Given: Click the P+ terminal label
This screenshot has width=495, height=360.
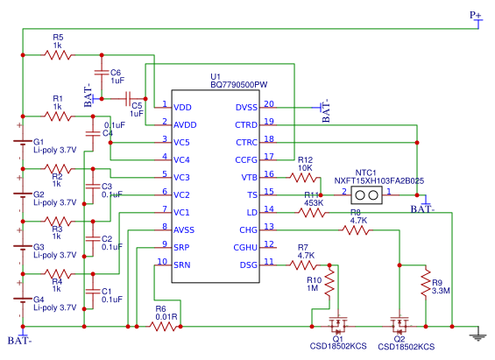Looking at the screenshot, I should click(x=475, y=15).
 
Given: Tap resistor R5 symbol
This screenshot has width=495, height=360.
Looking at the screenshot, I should click(x=59, y=54).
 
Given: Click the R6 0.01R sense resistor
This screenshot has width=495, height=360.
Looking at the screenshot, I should click(x=163, y=326).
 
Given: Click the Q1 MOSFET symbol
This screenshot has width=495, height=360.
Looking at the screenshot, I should click(x=337, y=327).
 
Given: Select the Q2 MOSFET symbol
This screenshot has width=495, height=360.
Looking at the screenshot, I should click(x=400, y=327).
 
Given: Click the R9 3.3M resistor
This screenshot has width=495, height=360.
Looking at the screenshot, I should click(x=425, y=284).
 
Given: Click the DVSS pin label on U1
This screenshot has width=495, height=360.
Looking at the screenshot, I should click(x=246, y=108).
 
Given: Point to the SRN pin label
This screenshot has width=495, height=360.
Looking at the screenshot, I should click(x=182, y=265).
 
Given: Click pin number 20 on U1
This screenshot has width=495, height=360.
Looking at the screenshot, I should click(x=269, y=103).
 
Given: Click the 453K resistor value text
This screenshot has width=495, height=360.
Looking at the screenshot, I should click(x=314, y=203).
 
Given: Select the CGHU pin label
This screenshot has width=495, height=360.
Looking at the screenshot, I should click(x=244, y=247).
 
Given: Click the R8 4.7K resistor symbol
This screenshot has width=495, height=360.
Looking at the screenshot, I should click(x=357, y=230).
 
